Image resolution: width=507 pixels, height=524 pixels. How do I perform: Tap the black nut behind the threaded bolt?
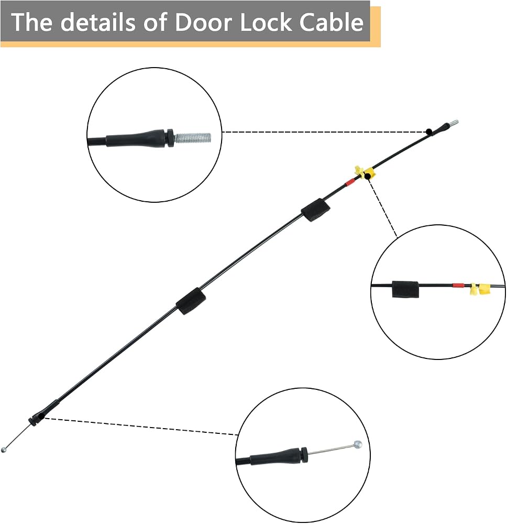coord(170,138)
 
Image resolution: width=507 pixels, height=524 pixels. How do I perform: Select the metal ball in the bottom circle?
coord(358,444)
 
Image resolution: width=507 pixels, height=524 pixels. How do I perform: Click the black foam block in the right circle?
coord(405,289)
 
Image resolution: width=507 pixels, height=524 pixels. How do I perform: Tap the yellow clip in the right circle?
coord(480,289)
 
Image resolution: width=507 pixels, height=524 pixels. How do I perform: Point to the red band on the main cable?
coord(349,182)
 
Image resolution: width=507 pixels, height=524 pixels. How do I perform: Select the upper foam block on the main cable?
coord(315,210)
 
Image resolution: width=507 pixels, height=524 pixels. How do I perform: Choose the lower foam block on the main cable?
coord(191,301)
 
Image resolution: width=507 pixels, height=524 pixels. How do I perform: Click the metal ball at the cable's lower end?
coord(4,450)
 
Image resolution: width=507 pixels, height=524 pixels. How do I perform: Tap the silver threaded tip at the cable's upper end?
coord(454,123)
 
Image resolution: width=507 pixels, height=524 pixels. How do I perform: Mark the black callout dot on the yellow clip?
coord(368,176)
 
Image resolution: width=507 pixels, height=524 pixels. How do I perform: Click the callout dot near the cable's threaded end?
coord(429,132)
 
